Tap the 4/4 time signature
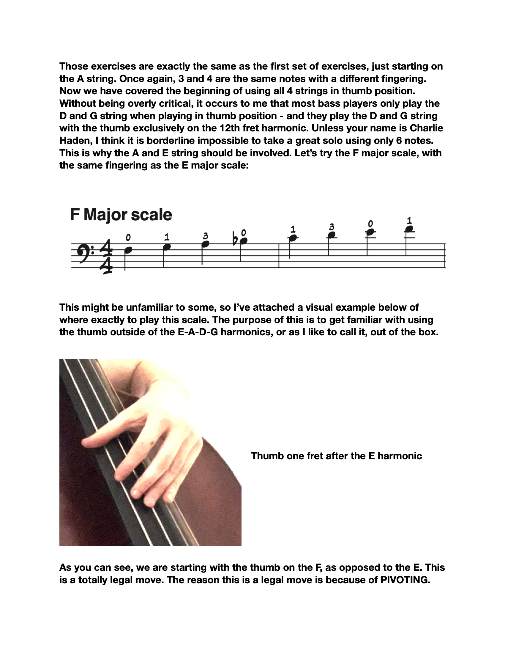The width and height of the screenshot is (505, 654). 106,256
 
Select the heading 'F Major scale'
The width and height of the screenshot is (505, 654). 121,215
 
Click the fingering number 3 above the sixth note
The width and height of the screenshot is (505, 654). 332,227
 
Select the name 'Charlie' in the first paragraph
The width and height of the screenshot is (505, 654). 426,128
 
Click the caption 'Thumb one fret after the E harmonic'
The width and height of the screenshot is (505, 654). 336,456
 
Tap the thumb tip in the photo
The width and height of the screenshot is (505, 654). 87,442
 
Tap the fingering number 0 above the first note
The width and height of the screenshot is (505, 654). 128,238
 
